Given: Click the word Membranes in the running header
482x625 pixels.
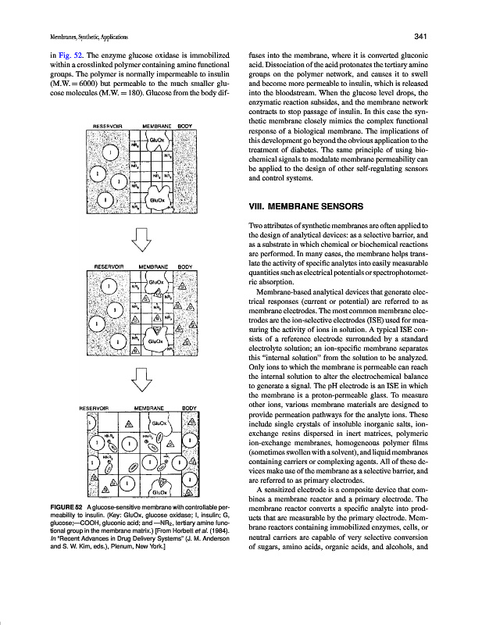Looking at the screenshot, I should [x=45, y=37].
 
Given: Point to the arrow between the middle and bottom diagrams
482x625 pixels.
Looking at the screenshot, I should [x=141, y=380].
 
